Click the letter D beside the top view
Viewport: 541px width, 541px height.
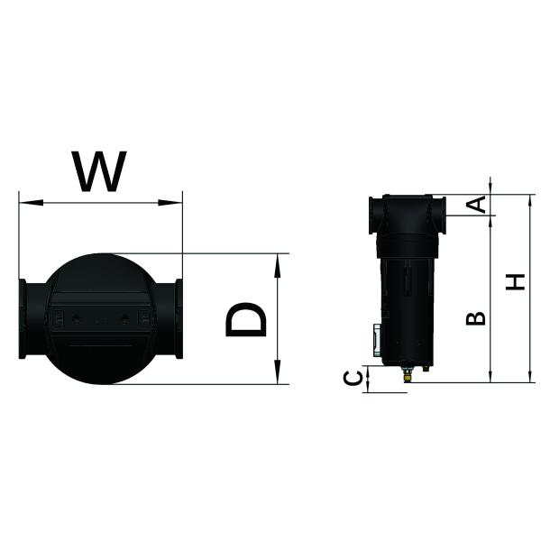(x=246, y=319)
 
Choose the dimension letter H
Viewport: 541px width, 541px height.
(x=515, y=282)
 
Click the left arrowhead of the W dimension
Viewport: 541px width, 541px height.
(x=23, y=202)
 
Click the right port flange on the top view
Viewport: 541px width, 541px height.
(x=179, y=318)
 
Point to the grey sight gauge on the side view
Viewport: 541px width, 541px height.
(x=373, y=341)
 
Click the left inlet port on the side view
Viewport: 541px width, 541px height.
(x=371, y=215)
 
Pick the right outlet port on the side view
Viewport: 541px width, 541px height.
(x=439, y=215)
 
